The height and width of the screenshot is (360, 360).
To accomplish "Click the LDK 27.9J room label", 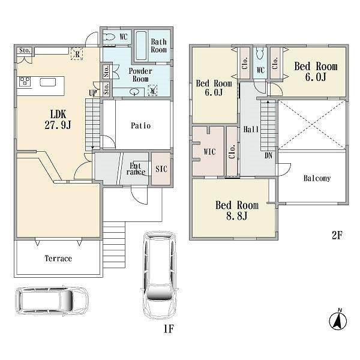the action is point(58,119).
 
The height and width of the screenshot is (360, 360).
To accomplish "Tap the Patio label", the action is point(141,125).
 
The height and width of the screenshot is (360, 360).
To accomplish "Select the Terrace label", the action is point(58,259).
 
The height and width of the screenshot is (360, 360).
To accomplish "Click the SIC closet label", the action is point(161,169).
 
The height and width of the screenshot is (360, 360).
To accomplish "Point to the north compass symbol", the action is point(338,320).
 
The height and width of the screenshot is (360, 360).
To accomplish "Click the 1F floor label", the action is point(169,329).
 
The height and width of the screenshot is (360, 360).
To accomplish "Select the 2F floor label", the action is point(337,235).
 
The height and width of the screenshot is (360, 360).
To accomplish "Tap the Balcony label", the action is point(317,178).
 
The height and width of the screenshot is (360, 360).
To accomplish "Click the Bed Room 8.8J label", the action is point(237,211).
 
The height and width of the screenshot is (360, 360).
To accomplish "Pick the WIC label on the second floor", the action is point(209,152).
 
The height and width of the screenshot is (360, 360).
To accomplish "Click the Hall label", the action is point(251,129).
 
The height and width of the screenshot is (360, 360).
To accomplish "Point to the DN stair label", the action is point(268,155).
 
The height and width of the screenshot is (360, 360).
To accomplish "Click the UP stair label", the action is point(93,93).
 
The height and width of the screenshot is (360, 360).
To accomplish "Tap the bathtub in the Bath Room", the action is point(141,46).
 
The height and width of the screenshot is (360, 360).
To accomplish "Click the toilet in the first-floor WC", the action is point(109,37).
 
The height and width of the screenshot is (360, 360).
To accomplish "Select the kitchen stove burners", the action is point(25,82).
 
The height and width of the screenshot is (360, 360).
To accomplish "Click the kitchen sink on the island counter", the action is point(48,82).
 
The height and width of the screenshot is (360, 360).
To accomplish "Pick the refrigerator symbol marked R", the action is point(77,54).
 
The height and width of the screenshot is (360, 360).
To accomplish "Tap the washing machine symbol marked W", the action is point(152,91).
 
